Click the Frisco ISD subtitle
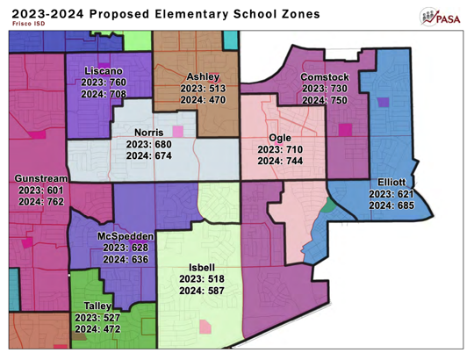27,24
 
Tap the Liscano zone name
104,69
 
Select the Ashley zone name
203,76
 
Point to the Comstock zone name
325,77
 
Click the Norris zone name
149,132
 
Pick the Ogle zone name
280,138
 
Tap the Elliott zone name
391,182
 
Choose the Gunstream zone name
41,178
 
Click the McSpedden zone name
126,236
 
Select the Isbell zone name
202,267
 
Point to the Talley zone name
97,306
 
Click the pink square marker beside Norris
179,132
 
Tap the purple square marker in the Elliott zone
383,102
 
